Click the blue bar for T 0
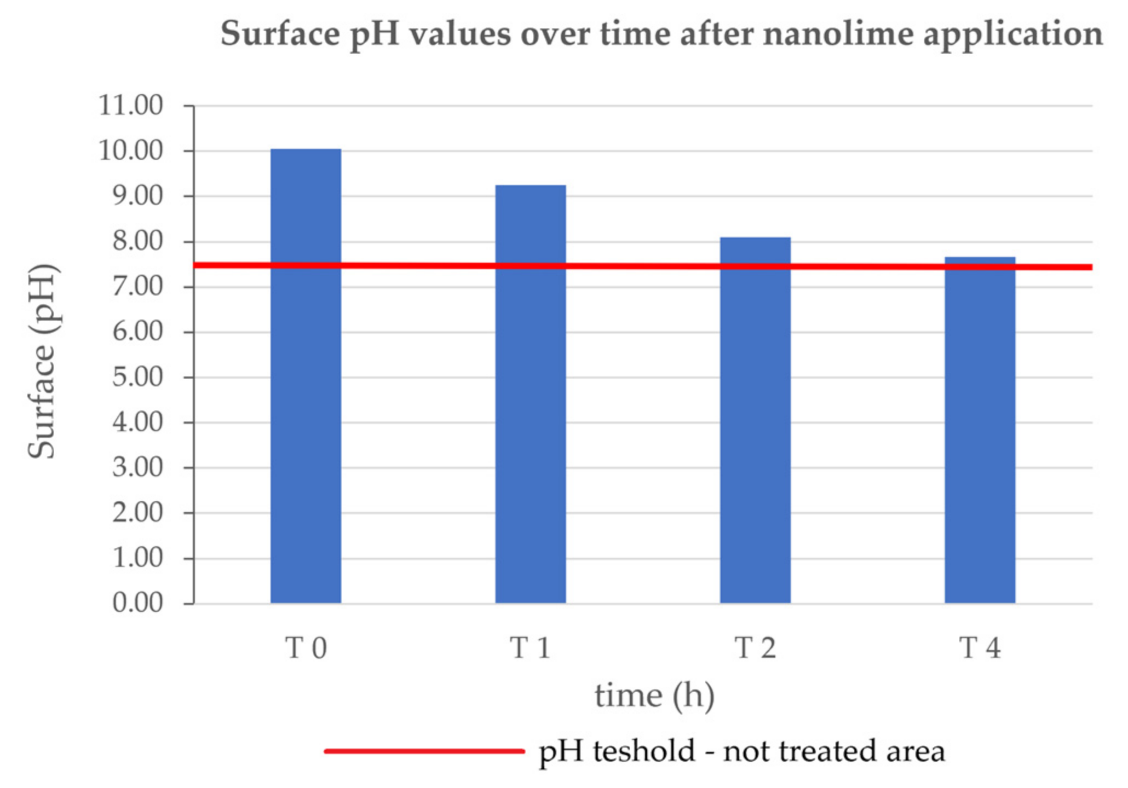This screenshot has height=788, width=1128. tap(306, 378)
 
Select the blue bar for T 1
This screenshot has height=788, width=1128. tap(530, 394)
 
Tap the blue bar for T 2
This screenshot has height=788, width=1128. tap(755, 421)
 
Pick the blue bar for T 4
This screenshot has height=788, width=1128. tap(979, 432)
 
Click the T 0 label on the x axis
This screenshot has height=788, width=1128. tap(306, 648)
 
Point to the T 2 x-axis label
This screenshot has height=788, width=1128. tap(755, 648)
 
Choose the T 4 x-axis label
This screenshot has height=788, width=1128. tap(979, 648)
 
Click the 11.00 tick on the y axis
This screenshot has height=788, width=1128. tap(130, 105)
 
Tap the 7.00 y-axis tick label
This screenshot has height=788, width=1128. tap(137, 286)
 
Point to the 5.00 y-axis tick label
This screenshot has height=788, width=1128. tap(137, 377)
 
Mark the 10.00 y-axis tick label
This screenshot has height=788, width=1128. tap(130, 150)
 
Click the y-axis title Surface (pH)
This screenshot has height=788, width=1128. tap(42, 361)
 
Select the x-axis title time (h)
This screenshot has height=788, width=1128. tap(654, 696)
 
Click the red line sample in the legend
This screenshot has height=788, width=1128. tap(424, 751)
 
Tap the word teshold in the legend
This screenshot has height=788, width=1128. tap(644, 751)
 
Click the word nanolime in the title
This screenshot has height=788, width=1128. tap(838, 34)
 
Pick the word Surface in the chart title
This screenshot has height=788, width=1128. tap(280, 34)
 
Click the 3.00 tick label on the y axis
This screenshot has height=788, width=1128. tap(137, 467)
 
